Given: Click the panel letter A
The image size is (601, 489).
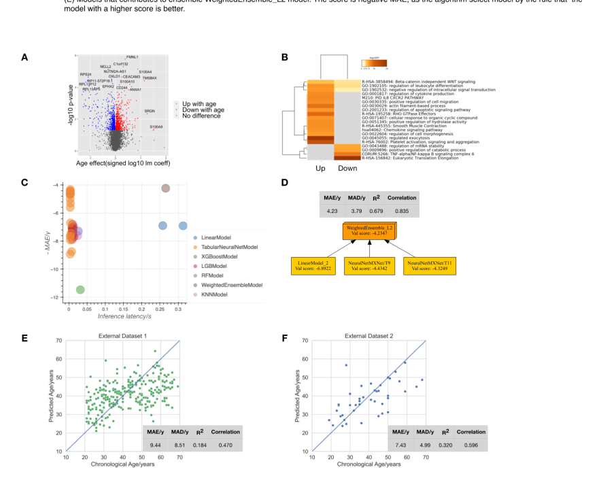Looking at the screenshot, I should pos(24,58).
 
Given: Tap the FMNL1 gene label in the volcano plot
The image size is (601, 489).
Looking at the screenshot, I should pos(132,57).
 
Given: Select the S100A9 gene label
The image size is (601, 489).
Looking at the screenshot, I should pos(156,127).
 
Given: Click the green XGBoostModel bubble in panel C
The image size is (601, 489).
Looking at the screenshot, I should pos(80,290).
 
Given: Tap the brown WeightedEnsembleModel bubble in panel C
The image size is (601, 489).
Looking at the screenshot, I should pos(165,188).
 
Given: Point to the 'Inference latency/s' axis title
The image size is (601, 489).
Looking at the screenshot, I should pos(124,317).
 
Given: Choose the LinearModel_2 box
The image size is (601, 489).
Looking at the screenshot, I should pos(313,266).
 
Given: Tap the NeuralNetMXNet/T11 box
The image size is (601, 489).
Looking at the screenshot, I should pos(430,266).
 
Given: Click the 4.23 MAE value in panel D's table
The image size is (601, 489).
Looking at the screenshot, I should pos(334,211).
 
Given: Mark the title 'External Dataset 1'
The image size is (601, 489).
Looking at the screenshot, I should pos(122,335).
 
